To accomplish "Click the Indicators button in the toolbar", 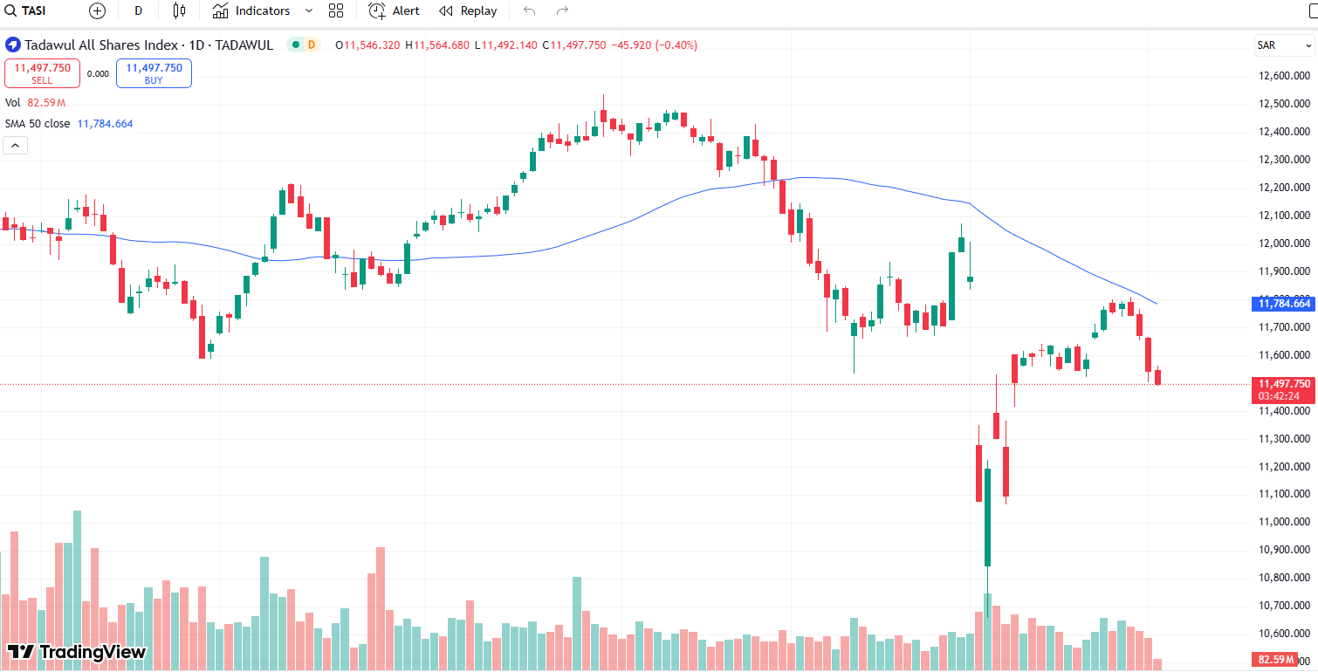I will point(252,11).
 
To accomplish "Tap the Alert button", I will point(395,11).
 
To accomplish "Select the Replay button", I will point(469,11).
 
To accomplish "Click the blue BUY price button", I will point(154,73).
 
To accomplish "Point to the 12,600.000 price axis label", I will point(1280,76).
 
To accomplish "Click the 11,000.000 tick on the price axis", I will point(1280,522).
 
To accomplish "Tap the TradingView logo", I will point(77,652).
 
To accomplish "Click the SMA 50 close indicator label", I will point(38,124).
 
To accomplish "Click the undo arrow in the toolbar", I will point(528,11).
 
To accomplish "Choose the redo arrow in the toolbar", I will point(562,11).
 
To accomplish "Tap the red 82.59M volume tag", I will point(1280,660).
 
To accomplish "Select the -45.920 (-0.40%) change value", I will point(655,45).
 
